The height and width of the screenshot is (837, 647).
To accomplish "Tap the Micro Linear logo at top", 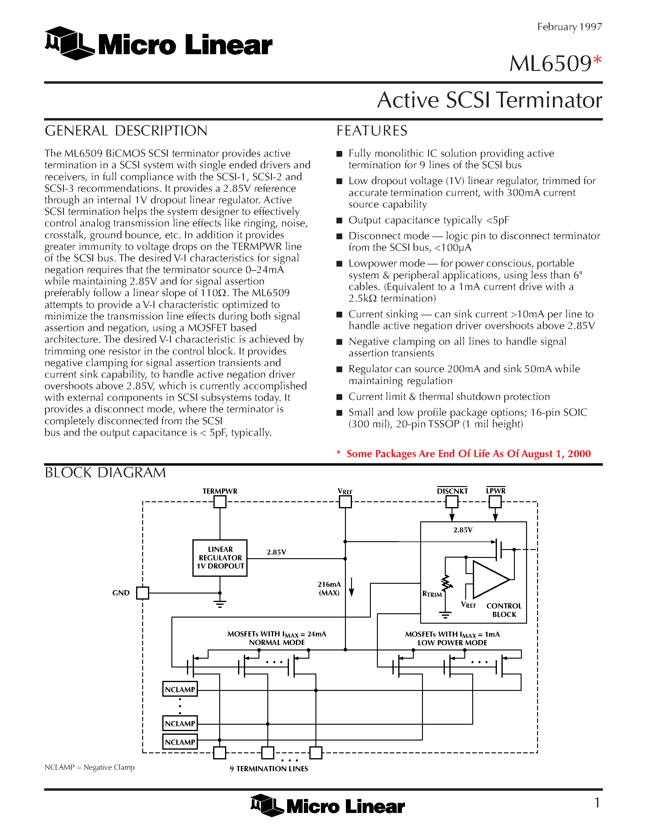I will (x=158, y=44).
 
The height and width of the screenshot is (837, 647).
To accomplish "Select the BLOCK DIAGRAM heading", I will (x=105, y=473).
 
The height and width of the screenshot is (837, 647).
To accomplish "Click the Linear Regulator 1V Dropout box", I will (x=220, y=558).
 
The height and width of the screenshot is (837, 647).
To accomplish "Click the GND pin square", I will (x=142, y=593).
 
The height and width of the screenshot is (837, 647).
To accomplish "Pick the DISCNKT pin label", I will (x=452, y=491).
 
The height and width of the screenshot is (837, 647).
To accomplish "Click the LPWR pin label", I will (x=496, y=491).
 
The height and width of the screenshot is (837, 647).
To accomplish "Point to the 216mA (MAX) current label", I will (x=329, y=588).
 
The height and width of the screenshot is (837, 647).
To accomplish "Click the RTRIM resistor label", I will (x=432, y=594).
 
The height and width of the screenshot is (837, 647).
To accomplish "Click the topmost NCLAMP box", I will (x=180, y=689).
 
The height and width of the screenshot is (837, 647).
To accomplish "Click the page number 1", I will (x=597, y=803).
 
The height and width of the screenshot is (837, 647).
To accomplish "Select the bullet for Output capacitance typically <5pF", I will (x=339, y=221).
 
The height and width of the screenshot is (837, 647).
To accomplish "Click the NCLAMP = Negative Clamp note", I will (x=90, y=767).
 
